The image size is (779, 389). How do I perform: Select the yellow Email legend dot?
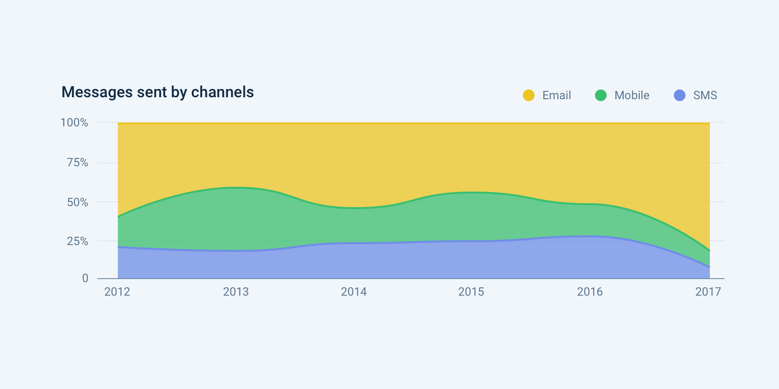(529, 95)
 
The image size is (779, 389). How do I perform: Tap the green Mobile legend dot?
(601, 95)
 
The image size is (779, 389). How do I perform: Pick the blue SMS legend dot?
(680, 95)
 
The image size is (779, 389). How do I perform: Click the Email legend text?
(556, 95)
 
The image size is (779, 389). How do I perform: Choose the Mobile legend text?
(632, 95)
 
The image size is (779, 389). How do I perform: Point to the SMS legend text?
(705, 95)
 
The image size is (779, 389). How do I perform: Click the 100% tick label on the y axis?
(74, 123)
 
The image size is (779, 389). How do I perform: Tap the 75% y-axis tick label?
(77, 162)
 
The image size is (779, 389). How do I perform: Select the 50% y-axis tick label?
(77, 202)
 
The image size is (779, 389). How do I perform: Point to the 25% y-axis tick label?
(77, 241)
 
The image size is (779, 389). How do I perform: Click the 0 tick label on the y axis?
(85, 278)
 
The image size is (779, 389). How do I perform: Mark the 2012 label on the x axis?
(117, 292)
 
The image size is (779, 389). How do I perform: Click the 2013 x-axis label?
(236, 292)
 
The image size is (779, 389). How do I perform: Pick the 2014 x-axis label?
(353, 292)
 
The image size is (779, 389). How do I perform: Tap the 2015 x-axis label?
(471, 292)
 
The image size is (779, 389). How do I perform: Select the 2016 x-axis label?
(590, 292)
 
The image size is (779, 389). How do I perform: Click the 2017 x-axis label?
(708, 292)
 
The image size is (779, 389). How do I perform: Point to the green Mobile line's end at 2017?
(709, 250)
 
